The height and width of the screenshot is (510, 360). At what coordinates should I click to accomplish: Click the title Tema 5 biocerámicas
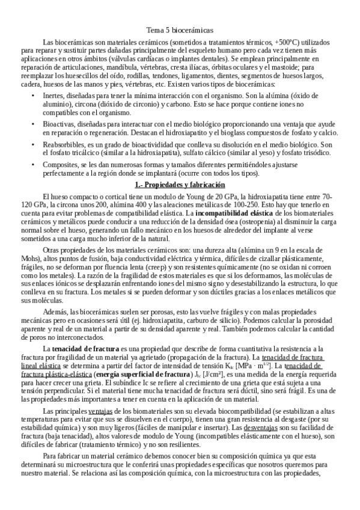180,29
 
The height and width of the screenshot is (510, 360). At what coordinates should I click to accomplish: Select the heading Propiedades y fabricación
180,185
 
